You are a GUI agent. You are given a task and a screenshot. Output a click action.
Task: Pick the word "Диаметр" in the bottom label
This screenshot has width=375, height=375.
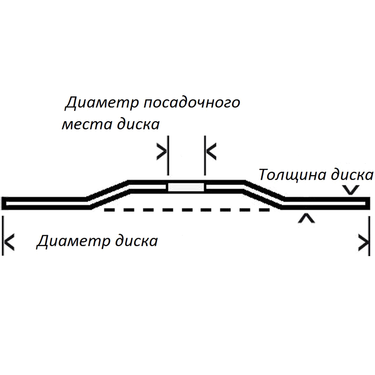73,241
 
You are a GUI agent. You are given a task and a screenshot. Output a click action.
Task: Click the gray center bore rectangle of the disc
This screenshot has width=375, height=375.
186,187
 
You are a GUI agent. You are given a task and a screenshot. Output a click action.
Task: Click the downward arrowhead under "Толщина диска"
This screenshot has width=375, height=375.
351,190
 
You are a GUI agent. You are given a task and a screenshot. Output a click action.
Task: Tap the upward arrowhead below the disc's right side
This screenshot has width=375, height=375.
307,219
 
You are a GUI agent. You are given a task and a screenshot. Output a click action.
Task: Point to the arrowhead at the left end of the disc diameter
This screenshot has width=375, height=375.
9,242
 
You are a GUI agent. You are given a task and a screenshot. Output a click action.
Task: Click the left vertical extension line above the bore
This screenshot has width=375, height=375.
168,156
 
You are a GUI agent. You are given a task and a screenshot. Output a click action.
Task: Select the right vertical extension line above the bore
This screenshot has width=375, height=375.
205,156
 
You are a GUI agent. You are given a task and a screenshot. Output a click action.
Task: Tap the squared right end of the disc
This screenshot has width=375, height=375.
367,203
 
